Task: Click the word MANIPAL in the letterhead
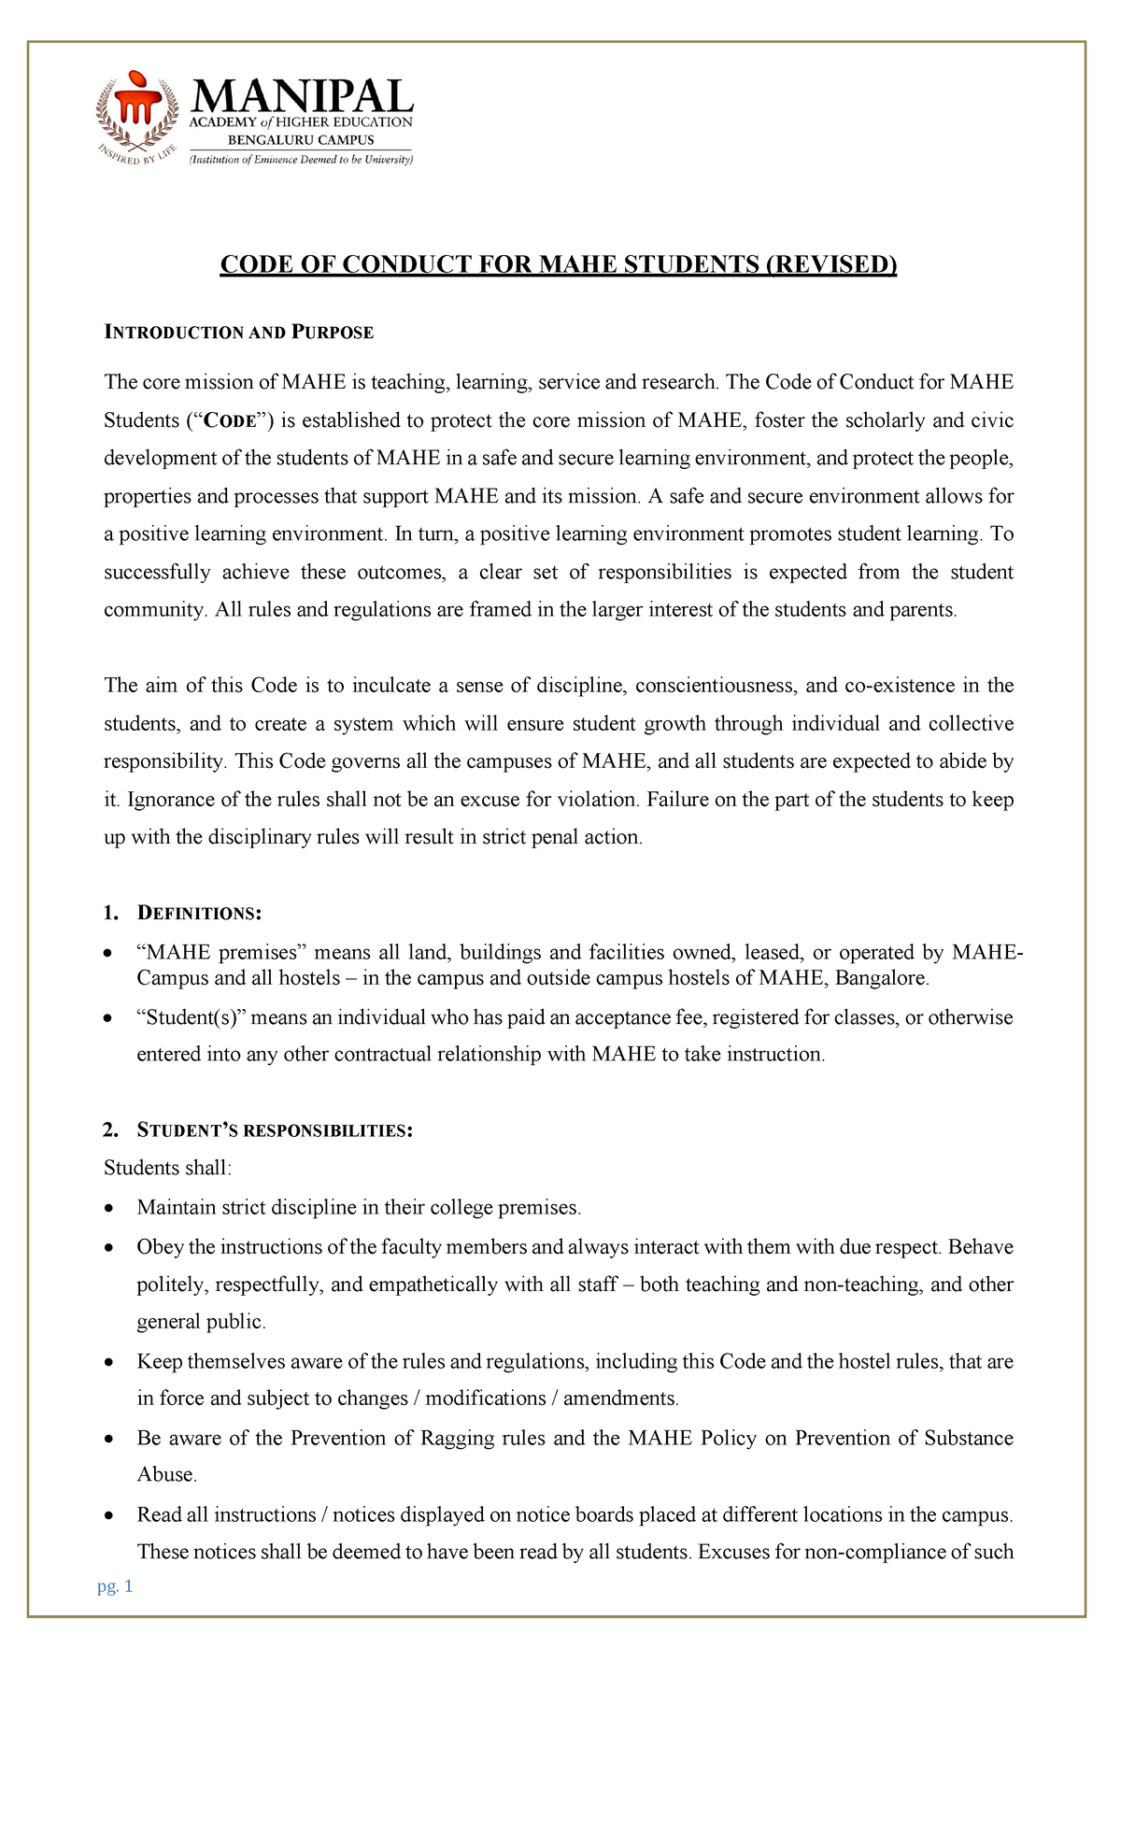tap(302, 95)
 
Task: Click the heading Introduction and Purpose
tap(238, 333)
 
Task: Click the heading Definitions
tap(199, 913)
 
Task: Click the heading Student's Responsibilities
tap(274, 1131)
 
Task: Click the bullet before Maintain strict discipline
tap(110, 1209)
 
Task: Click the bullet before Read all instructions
tap(110, 1515)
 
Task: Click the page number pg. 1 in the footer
tap(116, 1586)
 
